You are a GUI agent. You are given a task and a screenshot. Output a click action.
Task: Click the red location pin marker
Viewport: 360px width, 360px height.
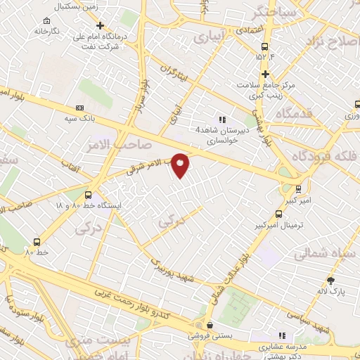coord(181,165)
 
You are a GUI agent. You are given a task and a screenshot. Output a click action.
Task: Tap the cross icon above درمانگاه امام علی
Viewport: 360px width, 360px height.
coord(101,25)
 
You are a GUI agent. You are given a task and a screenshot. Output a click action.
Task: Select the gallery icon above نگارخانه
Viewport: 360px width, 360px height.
coord(46,21)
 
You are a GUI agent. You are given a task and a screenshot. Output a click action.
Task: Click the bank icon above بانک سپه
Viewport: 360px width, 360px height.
coord(79,108)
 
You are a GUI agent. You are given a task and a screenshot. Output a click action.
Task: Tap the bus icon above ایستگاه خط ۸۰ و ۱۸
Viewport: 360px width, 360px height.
coord(88,195)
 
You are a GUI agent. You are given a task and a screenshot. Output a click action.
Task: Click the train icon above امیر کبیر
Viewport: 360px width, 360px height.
coord(298,188)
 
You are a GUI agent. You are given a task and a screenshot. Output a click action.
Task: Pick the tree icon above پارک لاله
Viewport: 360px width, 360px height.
coord(330,281)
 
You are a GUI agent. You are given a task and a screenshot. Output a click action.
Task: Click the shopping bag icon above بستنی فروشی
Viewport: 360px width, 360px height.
coord(209,325)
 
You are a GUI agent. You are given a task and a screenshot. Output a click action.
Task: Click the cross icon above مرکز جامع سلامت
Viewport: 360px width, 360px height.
coord(265,74)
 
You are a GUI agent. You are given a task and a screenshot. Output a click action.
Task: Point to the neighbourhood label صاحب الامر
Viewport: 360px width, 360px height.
coord(106,143)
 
